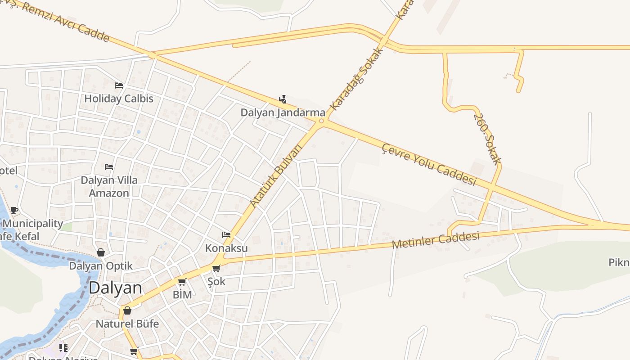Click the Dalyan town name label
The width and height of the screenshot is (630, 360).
pos(115,288)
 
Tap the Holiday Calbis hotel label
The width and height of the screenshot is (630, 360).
pos(119,99)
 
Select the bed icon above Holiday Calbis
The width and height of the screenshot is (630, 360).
pos(119,85)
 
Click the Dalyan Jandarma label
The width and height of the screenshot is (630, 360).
pos(283,112)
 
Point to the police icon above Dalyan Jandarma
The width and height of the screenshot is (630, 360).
pos(283,99)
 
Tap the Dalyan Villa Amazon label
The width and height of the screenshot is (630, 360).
pos(109,186)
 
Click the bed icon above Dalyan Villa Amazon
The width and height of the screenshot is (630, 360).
pos(109,167)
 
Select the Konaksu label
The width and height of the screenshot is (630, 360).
pos(226,248)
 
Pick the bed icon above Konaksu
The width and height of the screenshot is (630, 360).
pos(226,235)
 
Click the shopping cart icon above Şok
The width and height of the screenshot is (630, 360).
pos(216,269)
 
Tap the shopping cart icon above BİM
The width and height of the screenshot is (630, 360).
pos(182,282)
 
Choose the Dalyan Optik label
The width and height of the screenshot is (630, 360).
pos(101,266)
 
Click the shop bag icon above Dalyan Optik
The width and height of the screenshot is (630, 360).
pos(101,252)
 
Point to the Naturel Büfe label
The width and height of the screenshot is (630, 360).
pos(127,324)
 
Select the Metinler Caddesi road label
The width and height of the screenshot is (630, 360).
pos(435,240)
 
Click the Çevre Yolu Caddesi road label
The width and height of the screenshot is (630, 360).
pos(428,164)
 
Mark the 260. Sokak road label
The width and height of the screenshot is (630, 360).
pos(487,139)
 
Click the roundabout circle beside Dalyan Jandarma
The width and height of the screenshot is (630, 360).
pos(321,121)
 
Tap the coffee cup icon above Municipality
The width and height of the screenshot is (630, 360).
pos(14,210)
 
